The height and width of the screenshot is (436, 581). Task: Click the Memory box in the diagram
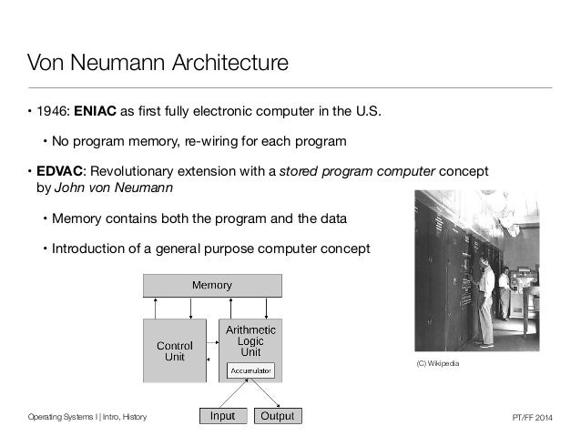click(210, 285)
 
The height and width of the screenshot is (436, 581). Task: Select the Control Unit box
click(174, 351)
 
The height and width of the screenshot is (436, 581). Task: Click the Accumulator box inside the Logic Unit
click(250, 370)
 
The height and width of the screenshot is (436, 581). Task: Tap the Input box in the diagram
click(222, 417)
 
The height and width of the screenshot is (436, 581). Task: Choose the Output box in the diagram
click(277, 417)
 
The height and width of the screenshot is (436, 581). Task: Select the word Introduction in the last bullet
click(90, 248)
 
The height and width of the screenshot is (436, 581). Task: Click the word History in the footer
click(131, 417)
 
